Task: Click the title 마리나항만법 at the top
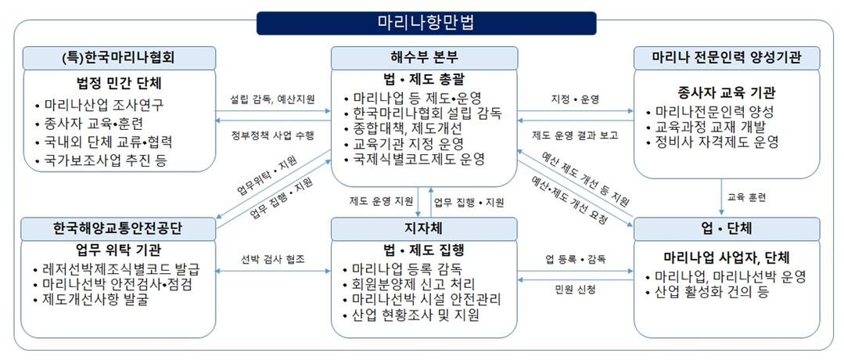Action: [x=426, y=23]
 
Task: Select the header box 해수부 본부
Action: [x=424, y=58]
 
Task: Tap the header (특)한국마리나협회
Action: [x=119, y=58]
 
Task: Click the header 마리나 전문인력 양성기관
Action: [x=727, y=58]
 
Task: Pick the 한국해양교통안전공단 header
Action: [x=118, y=229]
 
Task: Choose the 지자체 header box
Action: [x=424, y=229]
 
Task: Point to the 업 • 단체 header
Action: [x=727, y=229]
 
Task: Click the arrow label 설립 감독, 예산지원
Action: [x=272, y=99]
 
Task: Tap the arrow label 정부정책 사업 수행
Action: [x=272, y=135]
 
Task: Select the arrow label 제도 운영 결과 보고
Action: [x=575, y=135]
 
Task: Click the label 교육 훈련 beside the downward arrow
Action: [x=746, y=197]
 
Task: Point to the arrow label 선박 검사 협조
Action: [x=273, y=258]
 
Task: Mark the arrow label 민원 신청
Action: [x=575, y=290]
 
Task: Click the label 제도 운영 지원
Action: [x=381, y=203]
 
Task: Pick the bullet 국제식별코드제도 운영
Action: [x=418, y=159]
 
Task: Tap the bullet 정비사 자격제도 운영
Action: [x=717, y=142]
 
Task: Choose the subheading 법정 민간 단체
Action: [x=119, y=84]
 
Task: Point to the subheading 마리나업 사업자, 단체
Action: [x=727, y=257]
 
